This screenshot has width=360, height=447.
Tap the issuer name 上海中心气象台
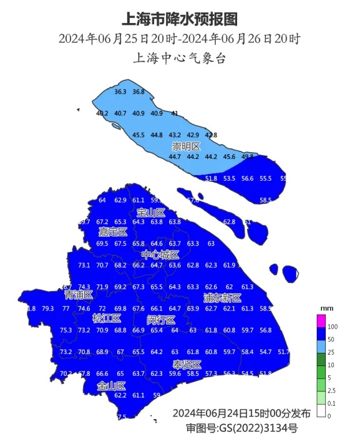(179, 59)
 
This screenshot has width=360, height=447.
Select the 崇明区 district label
(187, 147)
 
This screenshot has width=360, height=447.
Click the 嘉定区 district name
(113, 232)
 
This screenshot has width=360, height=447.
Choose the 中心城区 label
(160, 255)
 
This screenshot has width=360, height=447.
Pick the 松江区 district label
(107, 319)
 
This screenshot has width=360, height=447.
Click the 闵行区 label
(160, 319)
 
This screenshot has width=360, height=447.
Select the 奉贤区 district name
(187, 364)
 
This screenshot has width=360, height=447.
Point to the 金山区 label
(111, 386)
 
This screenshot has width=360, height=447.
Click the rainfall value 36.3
(121, 92)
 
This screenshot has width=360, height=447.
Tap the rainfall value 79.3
(47, 309)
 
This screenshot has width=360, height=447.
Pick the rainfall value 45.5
(139, 135)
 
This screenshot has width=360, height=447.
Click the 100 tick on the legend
(333, 327)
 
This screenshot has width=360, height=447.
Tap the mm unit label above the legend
(324, 309)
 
